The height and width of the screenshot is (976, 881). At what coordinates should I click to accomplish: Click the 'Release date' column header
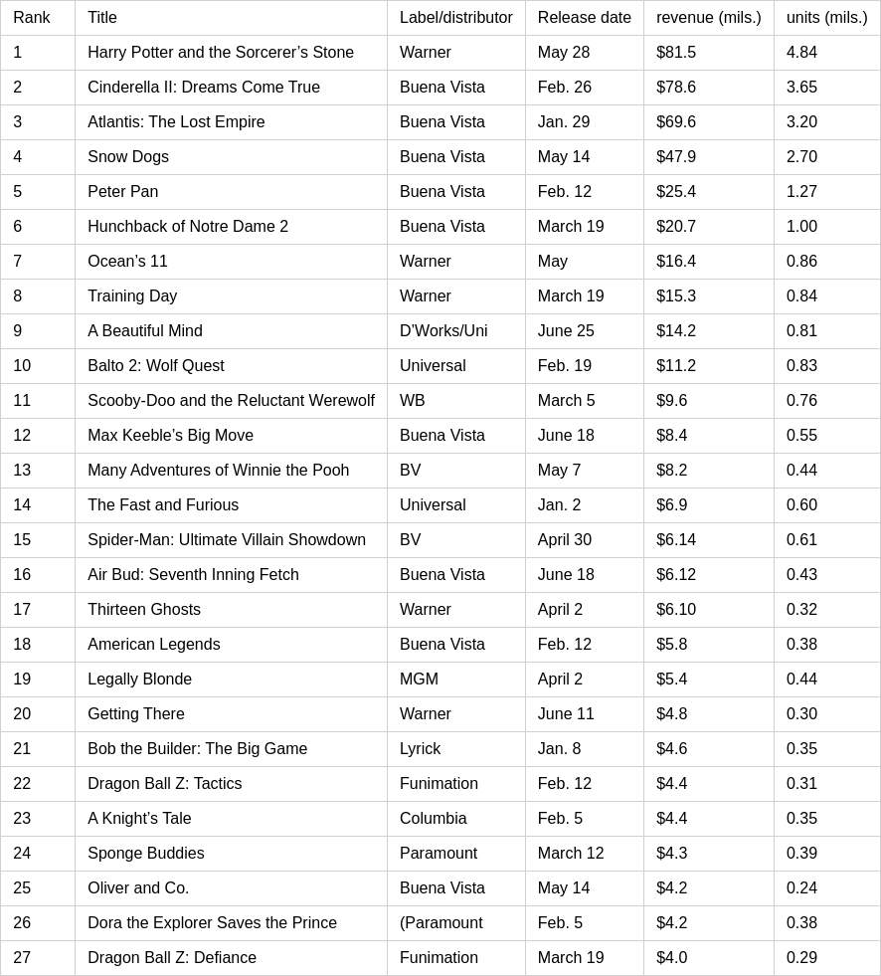click(x=584, y=18)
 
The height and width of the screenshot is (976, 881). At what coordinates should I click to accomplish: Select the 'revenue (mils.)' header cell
click(x=708, y=18)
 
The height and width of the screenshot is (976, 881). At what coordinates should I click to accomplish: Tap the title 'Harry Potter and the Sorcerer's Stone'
click(x=221, y=53)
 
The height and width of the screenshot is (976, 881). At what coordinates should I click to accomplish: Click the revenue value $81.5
click(x=676, y=53)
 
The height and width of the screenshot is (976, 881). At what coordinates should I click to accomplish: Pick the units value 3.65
click(x=801, y=88)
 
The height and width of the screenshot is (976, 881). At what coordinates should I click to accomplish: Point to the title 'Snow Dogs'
click(x=128, y=157)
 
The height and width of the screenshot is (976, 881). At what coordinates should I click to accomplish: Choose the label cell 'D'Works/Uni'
click(x=443, y=331)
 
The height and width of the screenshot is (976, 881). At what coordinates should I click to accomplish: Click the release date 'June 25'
click(x=566, y=331)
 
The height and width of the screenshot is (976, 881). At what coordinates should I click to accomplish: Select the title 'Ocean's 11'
click(x=127, y=262)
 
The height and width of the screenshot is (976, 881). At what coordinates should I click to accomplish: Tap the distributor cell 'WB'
click(x=412, y=401)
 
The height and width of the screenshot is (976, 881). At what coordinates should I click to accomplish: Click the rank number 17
click(x=22, y=610)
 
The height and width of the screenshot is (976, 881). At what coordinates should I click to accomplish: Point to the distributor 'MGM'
click(x=419, y=680)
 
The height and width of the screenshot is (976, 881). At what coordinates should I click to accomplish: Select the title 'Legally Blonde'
click(x=139, y=680)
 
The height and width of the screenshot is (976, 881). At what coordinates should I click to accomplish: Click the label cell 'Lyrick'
click(x=420, y=749)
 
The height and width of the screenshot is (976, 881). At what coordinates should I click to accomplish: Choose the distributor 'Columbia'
click(x=433, y=819)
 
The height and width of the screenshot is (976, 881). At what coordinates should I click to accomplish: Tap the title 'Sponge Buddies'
click(x=146, y=854)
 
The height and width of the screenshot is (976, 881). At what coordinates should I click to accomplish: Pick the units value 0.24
click(x=801, y=888)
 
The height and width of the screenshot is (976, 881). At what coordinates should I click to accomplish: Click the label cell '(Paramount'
click(x=440, y=923)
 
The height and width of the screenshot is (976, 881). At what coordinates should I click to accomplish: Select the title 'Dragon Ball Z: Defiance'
click(x=172, y=958)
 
